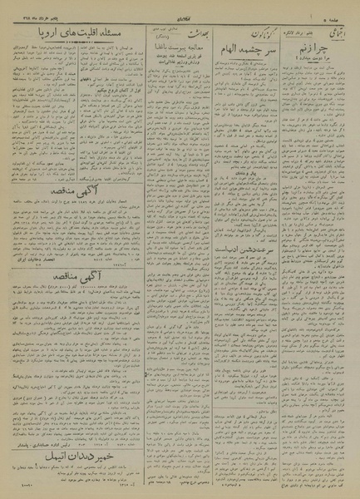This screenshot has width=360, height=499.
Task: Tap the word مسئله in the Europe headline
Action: point(118,33)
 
